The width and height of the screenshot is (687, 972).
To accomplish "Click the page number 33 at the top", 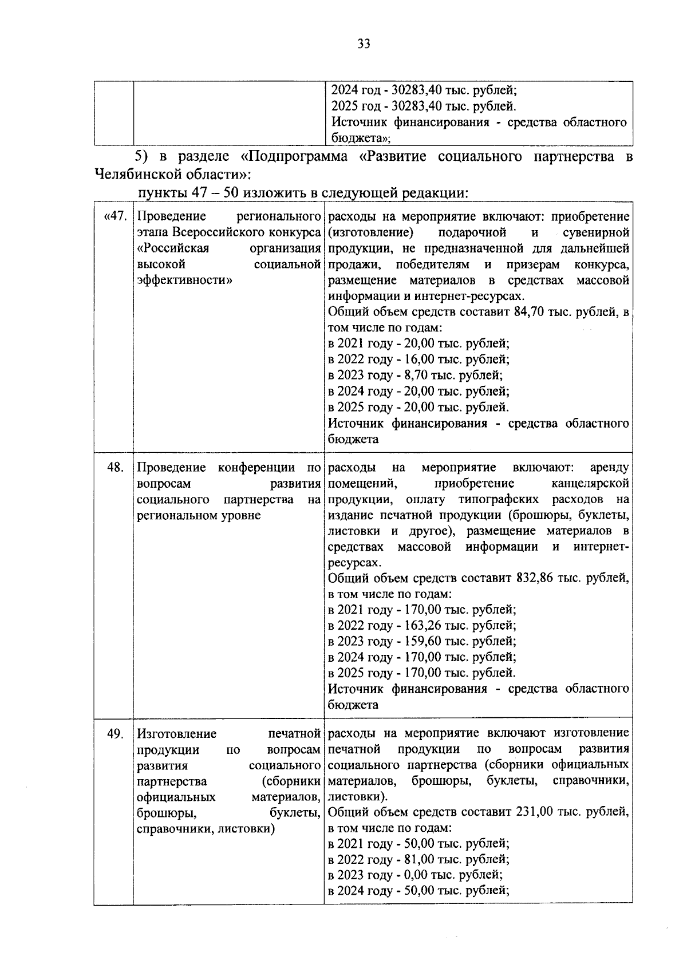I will pos(364,44).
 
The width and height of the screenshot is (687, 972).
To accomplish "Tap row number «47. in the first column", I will pos(114,216).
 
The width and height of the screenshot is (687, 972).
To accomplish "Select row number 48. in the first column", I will pos(116,467).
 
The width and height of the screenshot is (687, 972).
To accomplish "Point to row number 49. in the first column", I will pos(116,733).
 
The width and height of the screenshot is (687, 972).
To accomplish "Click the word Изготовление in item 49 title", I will pos(177,733).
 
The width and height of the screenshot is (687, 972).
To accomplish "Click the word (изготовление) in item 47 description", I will pos(369,232).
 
